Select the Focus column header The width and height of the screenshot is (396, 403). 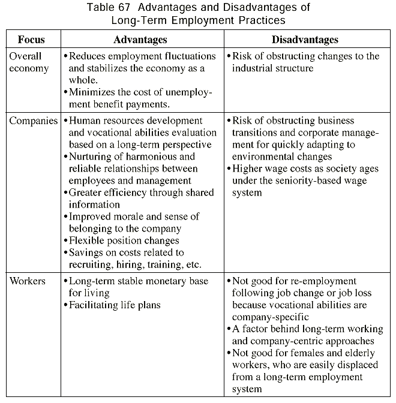[31, 40]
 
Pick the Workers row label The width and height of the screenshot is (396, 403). [28, 281]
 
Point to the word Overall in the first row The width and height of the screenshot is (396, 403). [25, 56]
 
